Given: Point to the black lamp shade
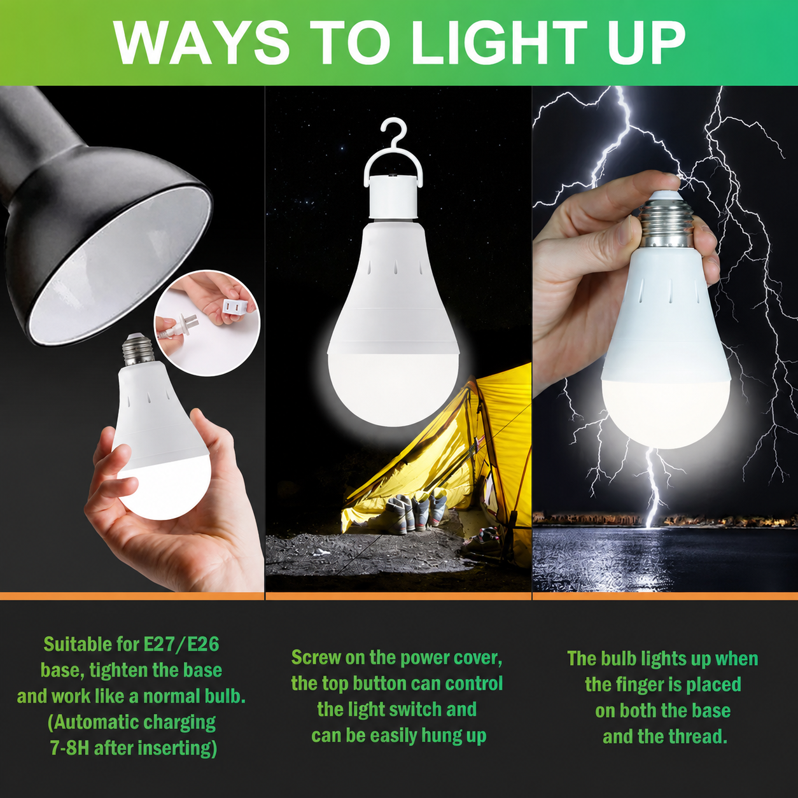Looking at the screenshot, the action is pos(95,215).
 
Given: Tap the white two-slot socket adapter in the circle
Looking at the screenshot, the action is pos(234,308).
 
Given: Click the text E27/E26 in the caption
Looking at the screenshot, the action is pos(181,645).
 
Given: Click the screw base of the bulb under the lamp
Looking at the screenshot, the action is pos(138,348).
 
